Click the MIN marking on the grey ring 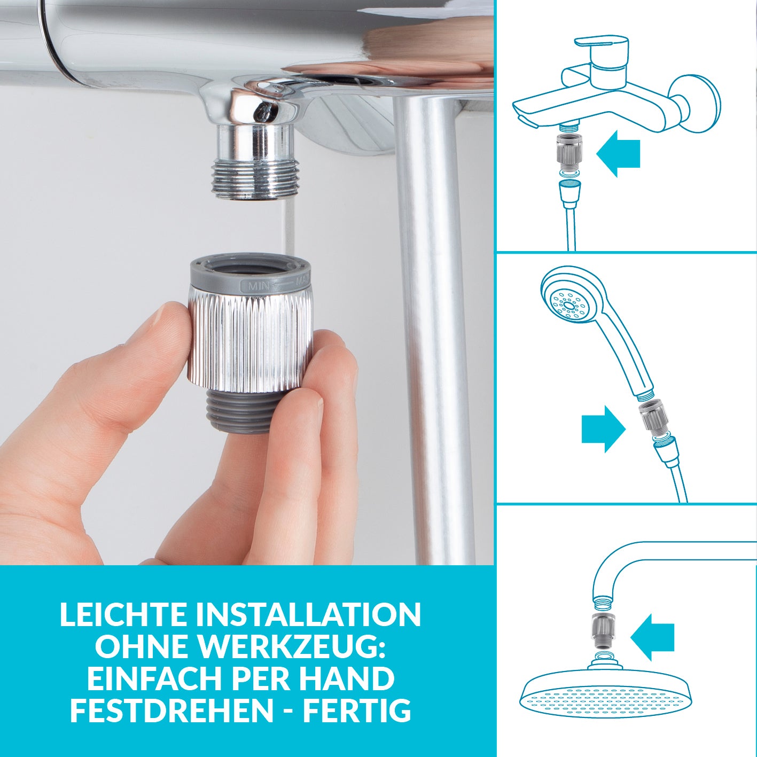pos(259,286)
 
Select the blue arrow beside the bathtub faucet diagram pos(618,154)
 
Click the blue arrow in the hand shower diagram pos(603,429)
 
